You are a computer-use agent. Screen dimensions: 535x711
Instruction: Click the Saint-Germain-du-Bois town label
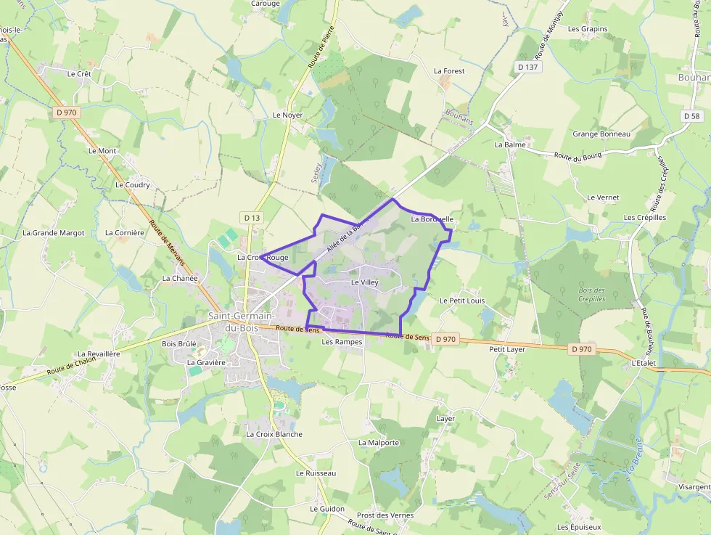pos(240,322)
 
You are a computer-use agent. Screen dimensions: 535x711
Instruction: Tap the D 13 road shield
pos(252,217)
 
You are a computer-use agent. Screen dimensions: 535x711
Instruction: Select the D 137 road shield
pos(529,67)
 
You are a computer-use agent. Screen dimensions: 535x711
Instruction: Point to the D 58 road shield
pos(692,116)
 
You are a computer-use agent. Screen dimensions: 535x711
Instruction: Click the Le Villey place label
pos(365,282)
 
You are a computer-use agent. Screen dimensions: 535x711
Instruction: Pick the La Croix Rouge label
pos(263,257)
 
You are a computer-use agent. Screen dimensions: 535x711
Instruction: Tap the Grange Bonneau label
pos(601,134)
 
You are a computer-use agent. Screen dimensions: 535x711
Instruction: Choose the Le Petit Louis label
pos(462,300)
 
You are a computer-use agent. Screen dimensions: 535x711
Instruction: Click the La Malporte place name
pos(379,442)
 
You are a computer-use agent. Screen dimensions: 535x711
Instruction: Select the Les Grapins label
pos(588,29)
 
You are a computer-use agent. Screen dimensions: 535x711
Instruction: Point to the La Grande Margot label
pos(54,233)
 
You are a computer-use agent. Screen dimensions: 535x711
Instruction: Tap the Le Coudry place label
pos(133,184)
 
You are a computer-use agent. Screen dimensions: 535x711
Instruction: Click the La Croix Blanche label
pos(274,434)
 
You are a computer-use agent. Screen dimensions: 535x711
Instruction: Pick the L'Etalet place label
pos(644,362)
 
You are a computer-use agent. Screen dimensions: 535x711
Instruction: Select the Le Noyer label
pos(287,115)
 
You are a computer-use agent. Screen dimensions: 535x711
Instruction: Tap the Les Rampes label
pos(342,341)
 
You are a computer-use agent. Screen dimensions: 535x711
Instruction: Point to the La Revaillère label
pos(99,354)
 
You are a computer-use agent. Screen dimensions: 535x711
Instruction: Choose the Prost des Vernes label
pos(385,515)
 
